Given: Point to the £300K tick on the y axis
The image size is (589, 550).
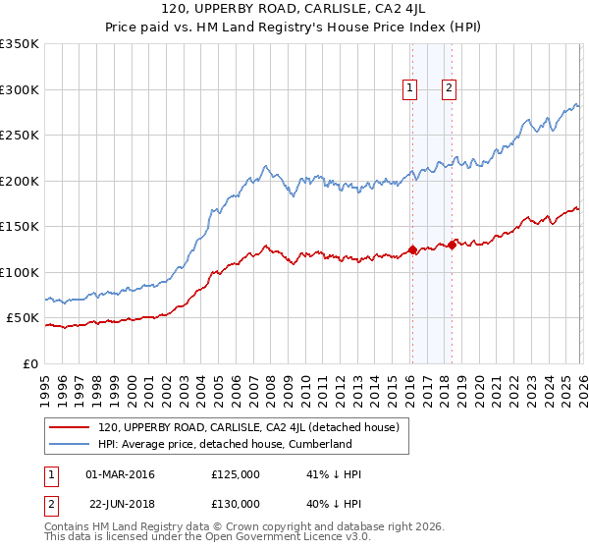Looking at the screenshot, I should point(20,89).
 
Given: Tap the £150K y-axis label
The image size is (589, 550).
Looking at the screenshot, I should point(20,227).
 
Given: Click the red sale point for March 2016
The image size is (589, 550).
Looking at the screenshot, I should point(412,249).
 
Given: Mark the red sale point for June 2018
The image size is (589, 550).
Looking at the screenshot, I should point(452,245).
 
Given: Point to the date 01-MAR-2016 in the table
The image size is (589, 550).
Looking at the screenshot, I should point(120,474).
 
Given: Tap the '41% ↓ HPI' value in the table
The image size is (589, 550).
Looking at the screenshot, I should point(334,474).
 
